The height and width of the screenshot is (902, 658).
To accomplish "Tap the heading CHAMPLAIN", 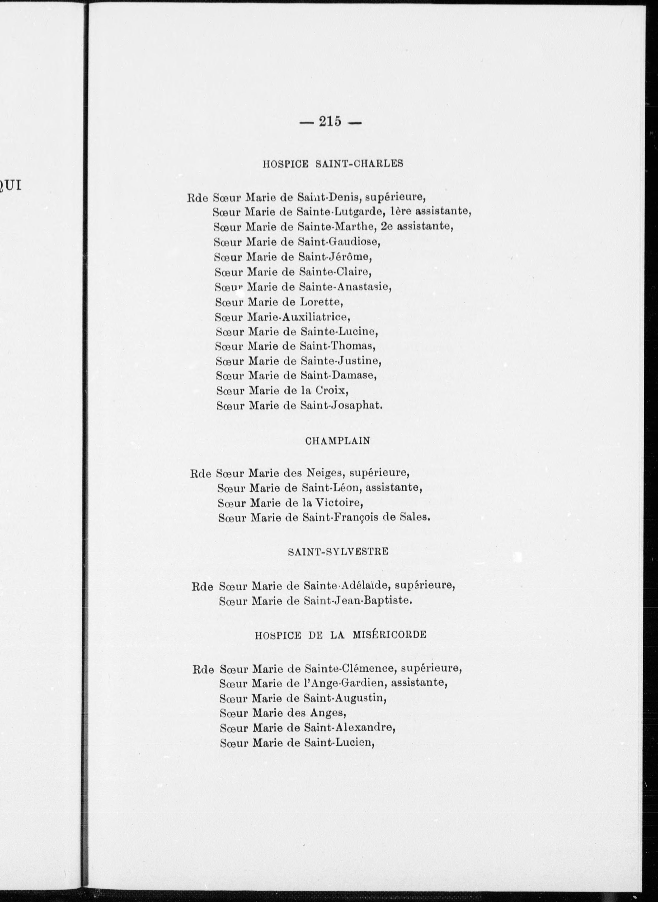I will click(x=338, y=441).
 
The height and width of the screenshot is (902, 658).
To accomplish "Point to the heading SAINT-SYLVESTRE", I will click(x=338, y=552).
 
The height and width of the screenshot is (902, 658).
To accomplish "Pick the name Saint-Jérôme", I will click(x=335, y=257).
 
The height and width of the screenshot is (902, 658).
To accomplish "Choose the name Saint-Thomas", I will click(x=337, y=346).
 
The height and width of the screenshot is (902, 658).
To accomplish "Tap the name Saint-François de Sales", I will click(x=366, y=518).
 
